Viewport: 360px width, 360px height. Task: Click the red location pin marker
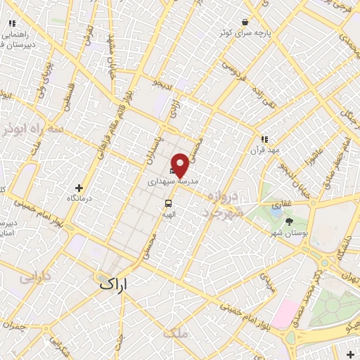pyautogui.click(x=180, y=165)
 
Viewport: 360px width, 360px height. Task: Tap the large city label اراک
pyautogui.click(x=116, y=283)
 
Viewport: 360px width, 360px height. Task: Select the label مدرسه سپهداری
pyautogui.click(x=174, y=181)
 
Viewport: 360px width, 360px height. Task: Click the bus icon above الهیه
pyautogui.click(x=168, y=198)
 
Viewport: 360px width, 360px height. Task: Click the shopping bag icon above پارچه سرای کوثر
pyautogui.click(x=244, y=22)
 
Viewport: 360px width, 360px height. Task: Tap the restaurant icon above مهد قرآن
pyautogui.click(x=264, y=139)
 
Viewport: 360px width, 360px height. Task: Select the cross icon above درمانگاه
pyautogui.click(x=79, y=188)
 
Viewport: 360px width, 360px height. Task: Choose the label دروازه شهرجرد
pyautogui.click(x=227, y=202)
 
